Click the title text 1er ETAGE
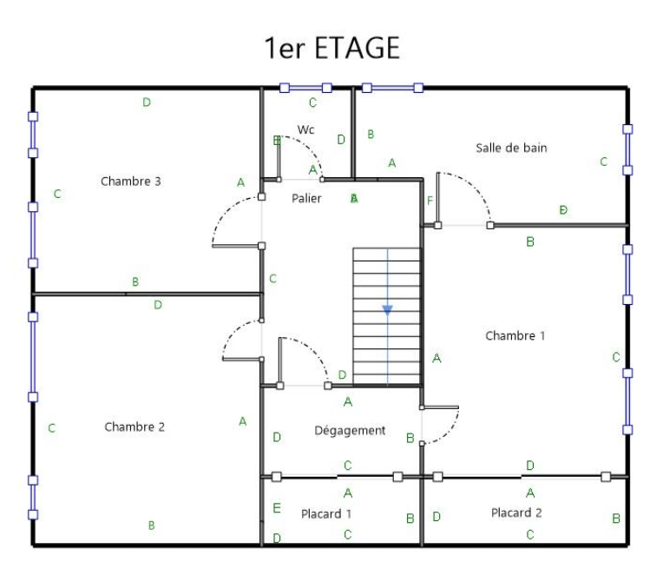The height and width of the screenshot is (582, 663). point(332,48)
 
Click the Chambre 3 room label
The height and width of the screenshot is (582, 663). point(130,182)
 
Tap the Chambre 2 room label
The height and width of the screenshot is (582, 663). point(135,427)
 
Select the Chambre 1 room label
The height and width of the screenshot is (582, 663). point(515,335)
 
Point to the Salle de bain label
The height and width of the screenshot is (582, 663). point(511,148)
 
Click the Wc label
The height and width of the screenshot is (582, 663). point(305,129)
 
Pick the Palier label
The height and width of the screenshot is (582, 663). point(306,198)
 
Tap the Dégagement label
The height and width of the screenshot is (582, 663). point(349,431)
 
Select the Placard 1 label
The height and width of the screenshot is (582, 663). point(325,513)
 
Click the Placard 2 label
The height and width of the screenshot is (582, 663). point(516,513)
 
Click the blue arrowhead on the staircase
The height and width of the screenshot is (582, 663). point(387,309)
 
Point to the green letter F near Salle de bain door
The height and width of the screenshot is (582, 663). point(430,202)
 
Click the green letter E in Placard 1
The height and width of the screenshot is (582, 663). point(277,508)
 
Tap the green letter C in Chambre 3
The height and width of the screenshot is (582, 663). point(57,194)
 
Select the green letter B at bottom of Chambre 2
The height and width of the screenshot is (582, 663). point(152,526)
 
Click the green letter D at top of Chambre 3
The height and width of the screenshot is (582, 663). point(147,103)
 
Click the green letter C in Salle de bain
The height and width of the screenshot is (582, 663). point(603,162)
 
